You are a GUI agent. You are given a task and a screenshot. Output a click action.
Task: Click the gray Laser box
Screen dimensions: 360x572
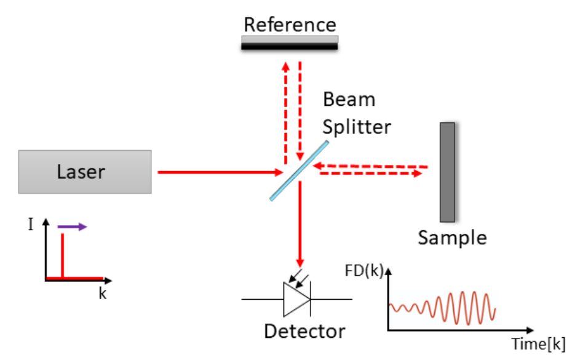85,172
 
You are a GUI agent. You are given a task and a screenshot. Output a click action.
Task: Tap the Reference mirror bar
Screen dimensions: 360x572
290,42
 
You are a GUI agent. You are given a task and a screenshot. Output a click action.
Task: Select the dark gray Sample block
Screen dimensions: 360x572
447,172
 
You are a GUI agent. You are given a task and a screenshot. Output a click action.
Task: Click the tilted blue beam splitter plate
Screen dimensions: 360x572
298,169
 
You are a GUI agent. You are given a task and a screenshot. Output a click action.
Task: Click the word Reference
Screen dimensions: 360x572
290,25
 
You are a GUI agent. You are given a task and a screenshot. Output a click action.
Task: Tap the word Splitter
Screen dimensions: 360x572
357,127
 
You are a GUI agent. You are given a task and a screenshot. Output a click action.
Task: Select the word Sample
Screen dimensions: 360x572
452,238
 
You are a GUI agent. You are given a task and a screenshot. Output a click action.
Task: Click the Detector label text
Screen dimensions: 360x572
304,331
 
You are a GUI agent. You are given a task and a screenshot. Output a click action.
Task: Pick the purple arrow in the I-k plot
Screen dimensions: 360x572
73,227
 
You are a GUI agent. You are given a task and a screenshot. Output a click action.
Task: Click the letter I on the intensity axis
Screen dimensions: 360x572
30,224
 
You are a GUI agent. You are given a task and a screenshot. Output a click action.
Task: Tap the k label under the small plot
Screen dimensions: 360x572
103,294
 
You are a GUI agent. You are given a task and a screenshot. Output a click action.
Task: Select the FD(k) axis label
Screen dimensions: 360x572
365,271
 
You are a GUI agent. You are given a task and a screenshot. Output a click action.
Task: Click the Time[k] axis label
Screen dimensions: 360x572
538,343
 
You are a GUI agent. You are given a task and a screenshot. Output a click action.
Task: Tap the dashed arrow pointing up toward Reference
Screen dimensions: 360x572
285,111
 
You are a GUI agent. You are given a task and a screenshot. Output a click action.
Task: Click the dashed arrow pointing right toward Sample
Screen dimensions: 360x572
369,174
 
